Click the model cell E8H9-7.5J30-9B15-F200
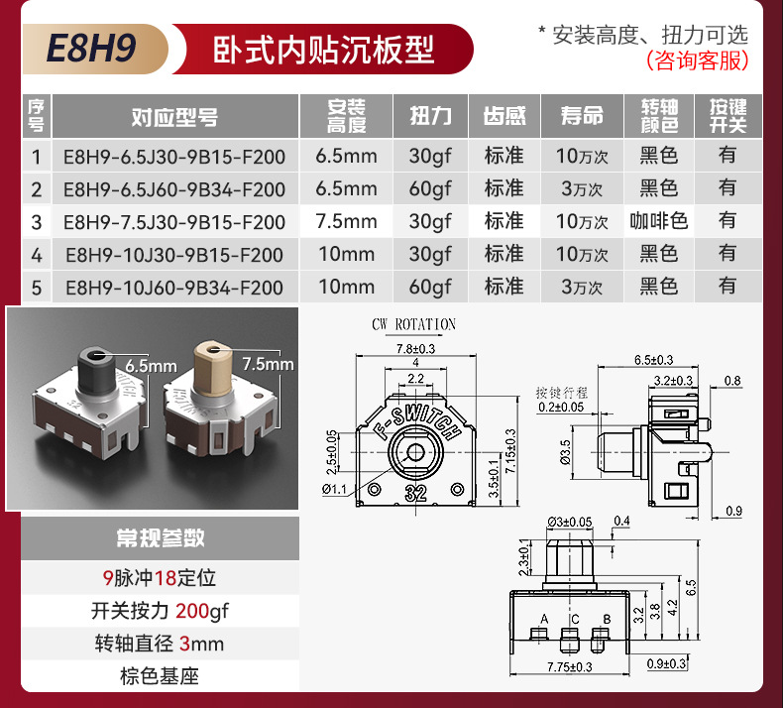pos(173,221)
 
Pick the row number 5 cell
pos(37,288)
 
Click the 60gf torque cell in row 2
pos(430,188)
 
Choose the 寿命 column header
pos(582,117)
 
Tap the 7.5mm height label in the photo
pos(268,364)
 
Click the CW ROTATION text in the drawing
pos(413,324)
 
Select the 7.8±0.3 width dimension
pos(415,348)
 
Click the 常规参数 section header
pos(161,538)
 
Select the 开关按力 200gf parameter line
pos(161,611)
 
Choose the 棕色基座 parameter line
pos(161,677)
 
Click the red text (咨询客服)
pos(697,60)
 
